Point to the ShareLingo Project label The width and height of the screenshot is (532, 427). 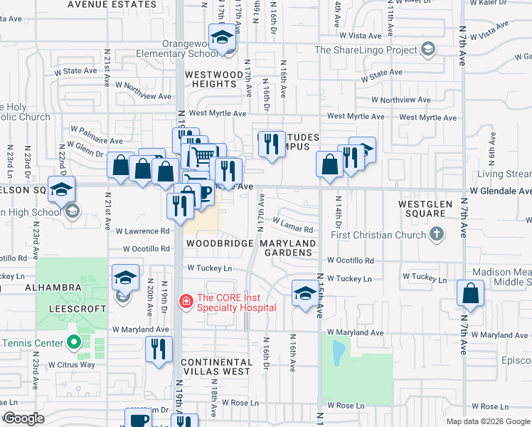366,50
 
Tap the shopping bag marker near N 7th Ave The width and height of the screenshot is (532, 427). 470,292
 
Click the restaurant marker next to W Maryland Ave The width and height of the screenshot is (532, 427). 159,349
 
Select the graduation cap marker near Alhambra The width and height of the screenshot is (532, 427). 125,277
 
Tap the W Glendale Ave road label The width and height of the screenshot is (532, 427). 500,191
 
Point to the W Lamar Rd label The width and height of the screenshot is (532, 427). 293,230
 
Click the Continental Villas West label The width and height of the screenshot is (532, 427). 216,366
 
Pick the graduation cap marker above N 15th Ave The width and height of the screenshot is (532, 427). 304,292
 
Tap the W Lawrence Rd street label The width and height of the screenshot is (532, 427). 143,231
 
